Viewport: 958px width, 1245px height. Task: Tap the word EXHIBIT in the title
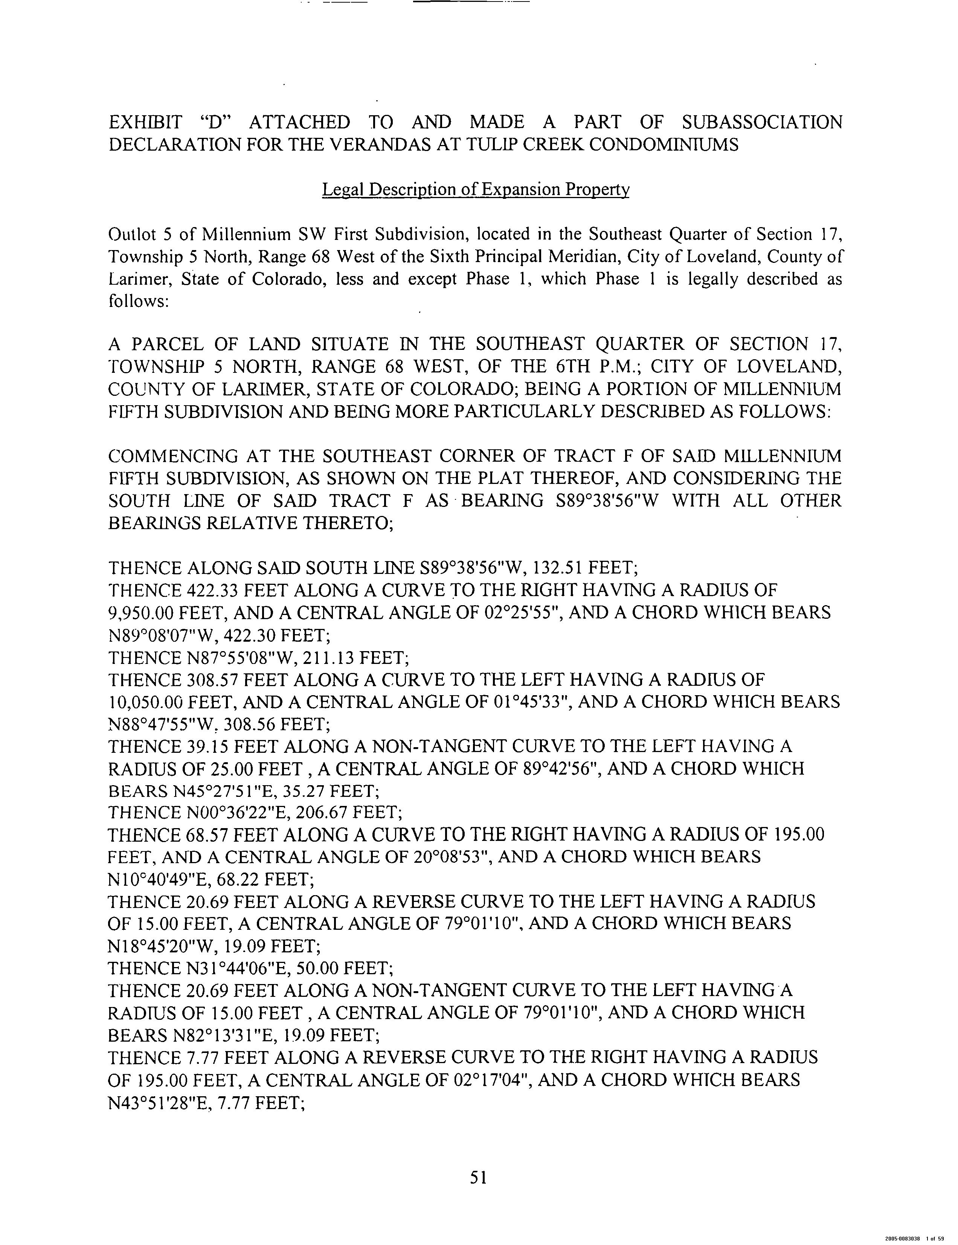click(x=145, y=122)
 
